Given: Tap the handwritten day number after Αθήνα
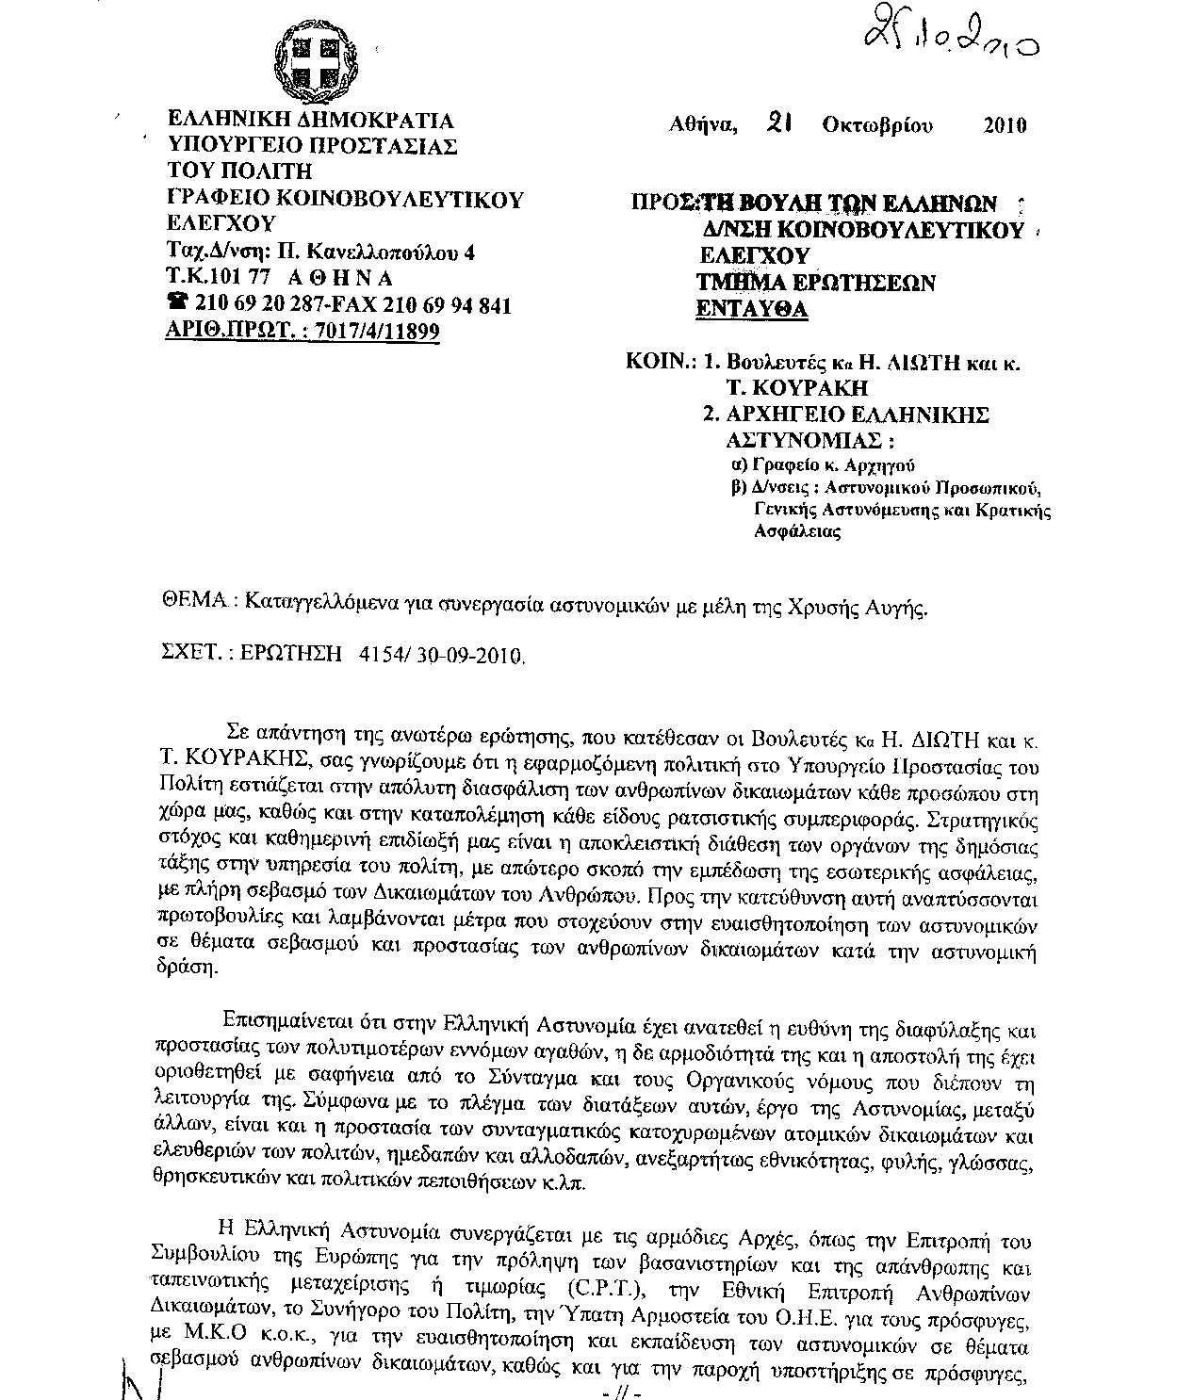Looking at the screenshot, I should [x=777, y=123].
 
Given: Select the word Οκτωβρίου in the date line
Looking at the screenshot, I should [x=877, y=125].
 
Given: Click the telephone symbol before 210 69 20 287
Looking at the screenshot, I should [x=176, y=303].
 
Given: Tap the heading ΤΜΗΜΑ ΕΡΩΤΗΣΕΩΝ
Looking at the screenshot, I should [x=815, y=282].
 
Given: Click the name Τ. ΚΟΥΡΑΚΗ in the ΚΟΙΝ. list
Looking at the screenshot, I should [x=796, y=387].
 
